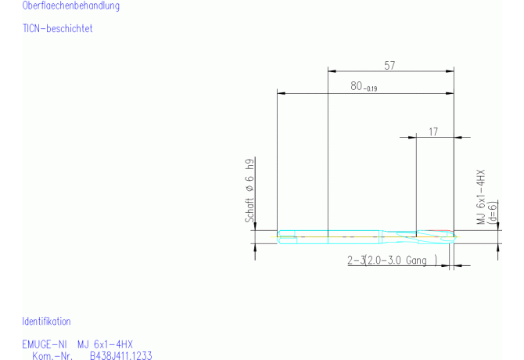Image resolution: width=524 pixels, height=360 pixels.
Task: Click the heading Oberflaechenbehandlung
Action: click(71, 5)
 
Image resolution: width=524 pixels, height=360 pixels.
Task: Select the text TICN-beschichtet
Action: click(57, 28)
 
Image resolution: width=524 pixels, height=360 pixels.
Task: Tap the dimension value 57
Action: click(389, 65)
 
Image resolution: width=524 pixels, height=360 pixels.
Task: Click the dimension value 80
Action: click(356, 86)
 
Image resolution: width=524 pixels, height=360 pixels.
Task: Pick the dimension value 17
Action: click(433, 132)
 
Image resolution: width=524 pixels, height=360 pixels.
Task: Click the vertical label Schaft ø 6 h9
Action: click(249, 191)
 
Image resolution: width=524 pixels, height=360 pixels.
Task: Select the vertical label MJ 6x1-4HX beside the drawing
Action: click(480, 197)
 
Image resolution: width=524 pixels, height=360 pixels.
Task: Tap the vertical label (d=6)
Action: click(493, 212)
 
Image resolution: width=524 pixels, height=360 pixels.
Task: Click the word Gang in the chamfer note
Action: click(416, 260)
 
